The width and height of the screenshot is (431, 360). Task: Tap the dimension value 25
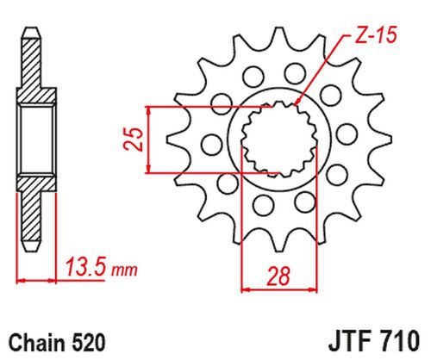(x=132, y=140)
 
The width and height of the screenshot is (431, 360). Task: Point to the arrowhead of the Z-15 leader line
(x=297, y=104)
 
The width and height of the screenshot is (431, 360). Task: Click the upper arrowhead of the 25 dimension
(x=151, y=113)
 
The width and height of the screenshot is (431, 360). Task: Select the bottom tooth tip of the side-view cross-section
(x=31, y=247)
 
